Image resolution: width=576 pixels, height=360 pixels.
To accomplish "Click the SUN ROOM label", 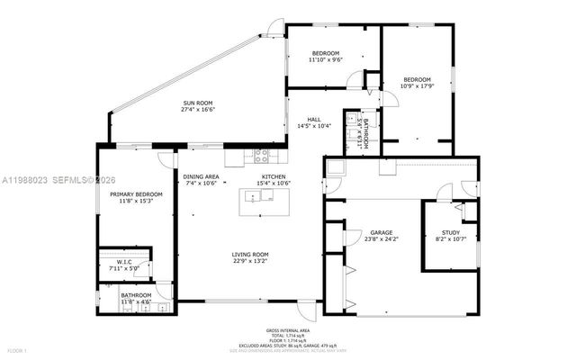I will (200, 103).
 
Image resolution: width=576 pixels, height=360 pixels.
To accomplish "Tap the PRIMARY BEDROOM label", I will (136, 194).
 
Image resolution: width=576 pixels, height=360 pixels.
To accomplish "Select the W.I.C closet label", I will (125, 261).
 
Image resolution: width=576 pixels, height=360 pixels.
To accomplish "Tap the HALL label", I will (314, 120).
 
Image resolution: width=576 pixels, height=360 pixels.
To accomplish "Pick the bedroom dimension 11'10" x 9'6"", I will (325, 60).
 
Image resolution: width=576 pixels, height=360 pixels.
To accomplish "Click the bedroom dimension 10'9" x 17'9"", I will (417, 86).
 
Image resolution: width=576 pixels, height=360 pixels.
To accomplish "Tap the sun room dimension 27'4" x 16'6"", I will (200, 110).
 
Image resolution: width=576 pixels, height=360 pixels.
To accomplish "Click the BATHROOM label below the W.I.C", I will (136, 296).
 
